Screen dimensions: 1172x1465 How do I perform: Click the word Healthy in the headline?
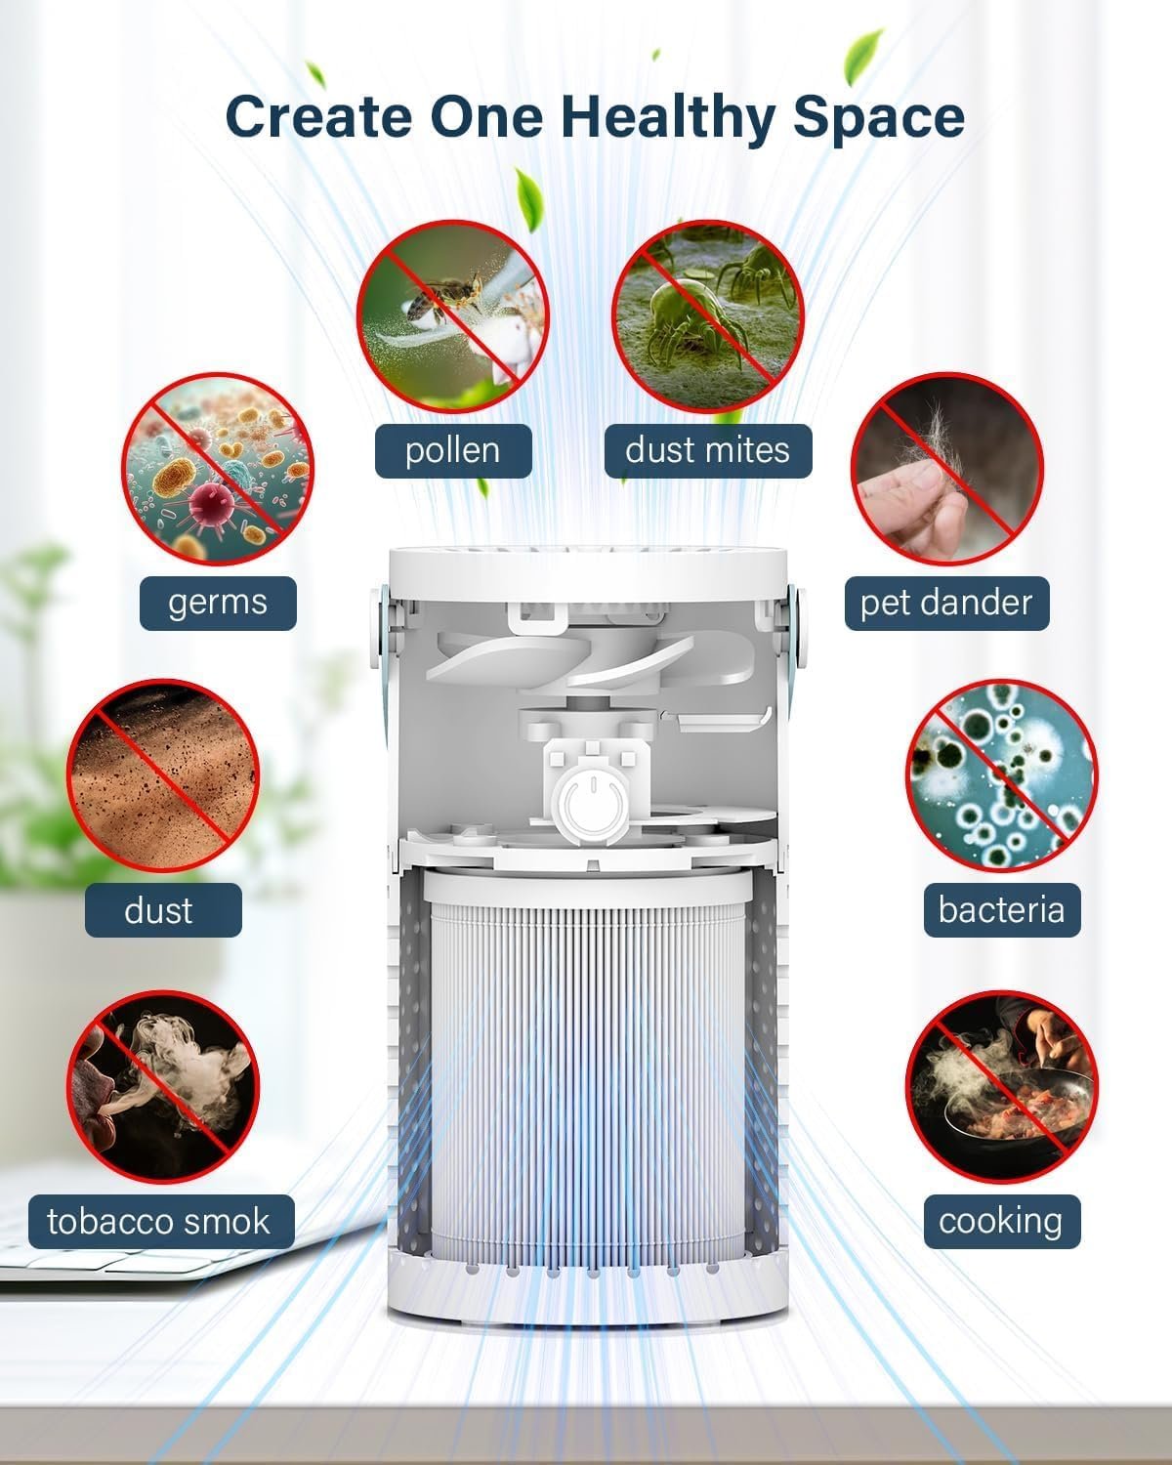(x=668, y=118)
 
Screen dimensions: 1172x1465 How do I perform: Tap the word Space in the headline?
(x=878, y=118)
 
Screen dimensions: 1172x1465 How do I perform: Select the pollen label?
(x=453, y=450)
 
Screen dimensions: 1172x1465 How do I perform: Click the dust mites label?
(x=707, y=450)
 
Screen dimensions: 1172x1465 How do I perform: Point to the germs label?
(x=218, y=604)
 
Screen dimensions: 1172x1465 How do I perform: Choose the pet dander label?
(x=946, y=604)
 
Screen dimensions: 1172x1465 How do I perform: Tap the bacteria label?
(x=1002, y=909)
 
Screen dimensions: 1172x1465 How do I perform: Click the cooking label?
(x=1002, y=1221)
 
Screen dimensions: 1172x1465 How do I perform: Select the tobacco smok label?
(x=161, y=1221)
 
